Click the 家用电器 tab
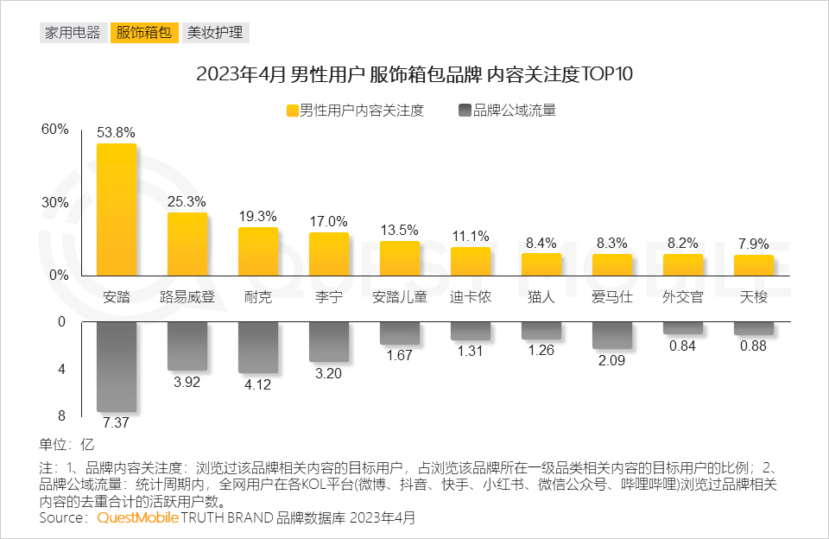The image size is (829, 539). point(72,33)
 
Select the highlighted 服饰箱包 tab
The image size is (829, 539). point(143,33)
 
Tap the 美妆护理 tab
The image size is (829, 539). point(215,33)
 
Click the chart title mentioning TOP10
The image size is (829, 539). point(414,74)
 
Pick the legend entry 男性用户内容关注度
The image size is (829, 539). point(355,111)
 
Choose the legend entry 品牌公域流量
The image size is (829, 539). point(508,111)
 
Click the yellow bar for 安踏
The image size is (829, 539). point(117,210)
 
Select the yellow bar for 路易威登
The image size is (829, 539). point(187,244)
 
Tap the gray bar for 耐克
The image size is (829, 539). point(258,347)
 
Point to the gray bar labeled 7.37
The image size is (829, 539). point(117,366)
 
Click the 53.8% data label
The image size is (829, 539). point(117,132)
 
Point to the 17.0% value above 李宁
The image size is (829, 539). point(329,221)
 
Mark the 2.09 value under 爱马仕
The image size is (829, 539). point(612,360)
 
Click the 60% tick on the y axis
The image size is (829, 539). point(54,130)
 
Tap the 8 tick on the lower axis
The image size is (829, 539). point(60,415)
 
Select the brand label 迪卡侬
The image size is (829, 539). point(471,298)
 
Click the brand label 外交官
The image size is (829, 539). point(683,298)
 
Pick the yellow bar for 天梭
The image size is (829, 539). point(754,265)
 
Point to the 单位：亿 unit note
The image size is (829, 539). point(66,446)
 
